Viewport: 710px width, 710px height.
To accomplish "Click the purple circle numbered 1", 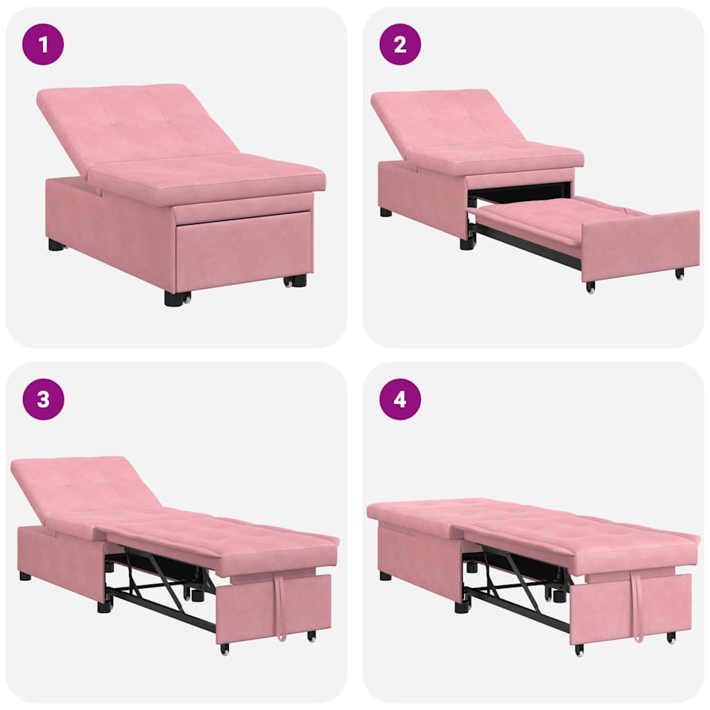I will pyautogui.click(x=43, y=44).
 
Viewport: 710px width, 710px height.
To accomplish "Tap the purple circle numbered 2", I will pyautogui.click(x=400, y=44).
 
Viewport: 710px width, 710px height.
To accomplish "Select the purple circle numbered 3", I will pyautogui.click(x=43, y=399).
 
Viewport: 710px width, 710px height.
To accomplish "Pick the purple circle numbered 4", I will pyautogui.click(x=400, y=399).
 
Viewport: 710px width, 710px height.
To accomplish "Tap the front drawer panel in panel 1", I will pyautogui.click(x=243, y=250).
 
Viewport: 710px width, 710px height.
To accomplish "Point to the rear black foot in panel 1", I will pyautogui.click(x=55, y=245).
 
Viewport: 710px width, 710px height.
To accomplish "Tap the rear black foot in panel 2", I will pyautogui.click(x=386, y=212).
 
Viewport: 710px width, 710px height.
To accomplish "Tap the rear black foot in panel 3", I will pyautogui.click(x=25, y=575).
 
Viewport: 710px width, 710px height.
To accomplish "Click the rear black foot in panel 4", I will pyautogui.click(x=385, y=575).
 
